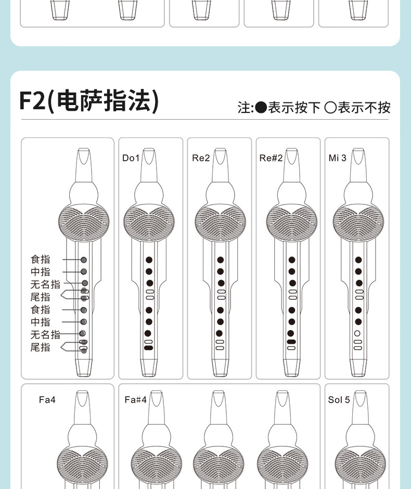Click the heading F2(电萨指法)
(x=89, y=101)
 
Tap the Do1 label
(x=131, y=158)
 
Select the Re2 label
(x=201, y=158)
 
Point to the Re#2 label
(x=271, y=158)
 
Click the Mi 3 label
(x=338, y=158)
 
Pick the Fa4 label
(x=47, y=400)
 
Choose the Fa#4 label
(x=135, y=400)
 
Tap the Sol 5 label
(x=339, y=400)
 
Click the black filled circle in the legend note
(x=261, y=108)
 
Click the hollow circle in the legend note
(x=330, y=108)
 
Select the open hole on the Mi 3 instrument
(x=357, y=333)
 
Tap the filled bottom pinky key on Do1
(x=149, y=348)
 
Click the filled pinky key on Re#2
(x=291, y=342)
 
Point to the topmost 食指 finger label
(x=40, y=259)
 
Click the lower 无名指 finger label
(x=45, y=334)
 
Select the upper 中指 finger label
(x=40, y=272)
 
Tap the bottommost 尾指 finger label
(x=40, y=347)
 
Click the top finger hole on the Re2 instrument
(x=221, y=260)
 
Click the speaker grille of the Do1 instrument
(x=149, y=222)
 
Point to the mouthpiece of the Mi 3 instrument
(x=358, y=165)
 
